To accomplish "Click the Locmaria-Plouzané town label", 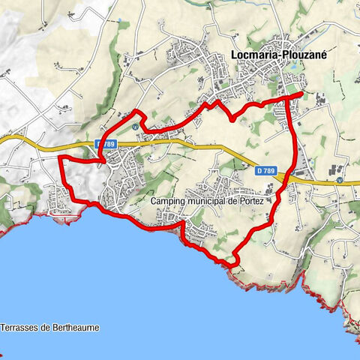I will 276,54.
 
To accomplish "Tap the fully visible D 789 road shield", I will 265,172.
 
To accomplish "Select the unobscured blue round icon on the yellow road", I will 339,180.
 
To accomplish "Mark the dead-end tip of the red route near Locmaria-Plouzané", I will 302,94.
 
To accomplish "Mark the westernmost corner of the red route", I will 59,159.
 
